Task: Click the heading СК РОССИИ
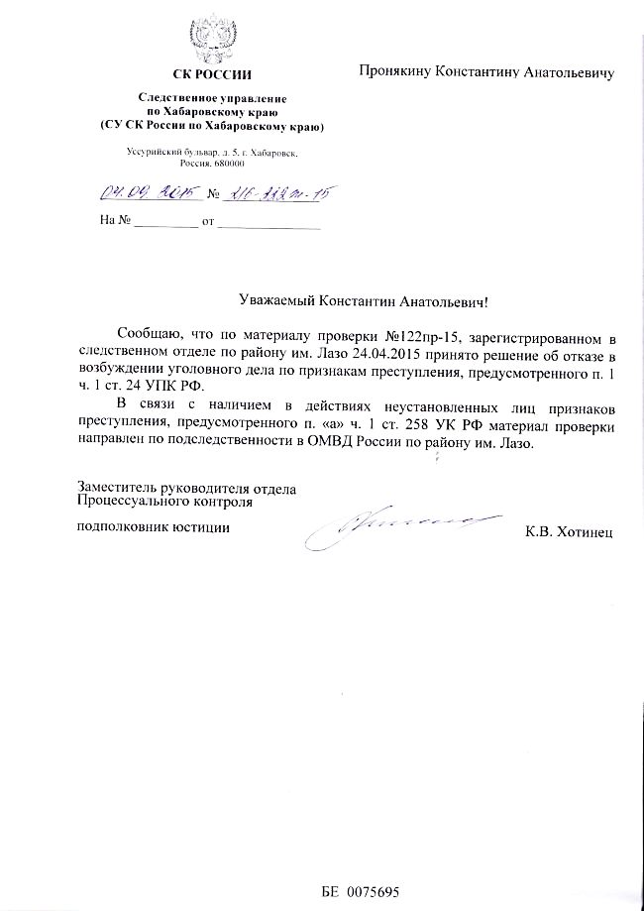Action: point(212,74)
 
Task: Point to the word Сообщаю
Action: point(150,334)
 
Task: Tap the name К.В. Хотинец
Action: point(570,532)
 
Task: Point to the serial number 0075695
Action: point(373,891)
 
